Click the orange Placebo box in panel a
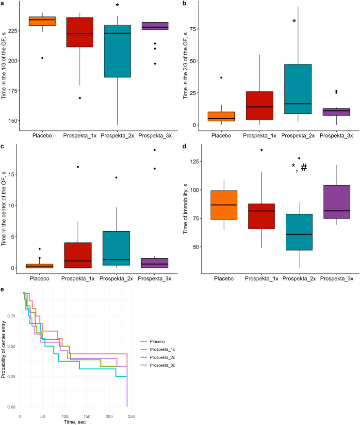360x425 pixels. [x=42, y=21]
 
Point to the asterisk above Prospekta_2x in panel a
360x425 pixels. [x=117, y=6]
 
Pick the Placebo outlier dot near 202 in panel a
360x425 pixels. [x=42, y=58]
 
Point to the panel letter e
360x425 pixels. [x=3, y=289]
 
